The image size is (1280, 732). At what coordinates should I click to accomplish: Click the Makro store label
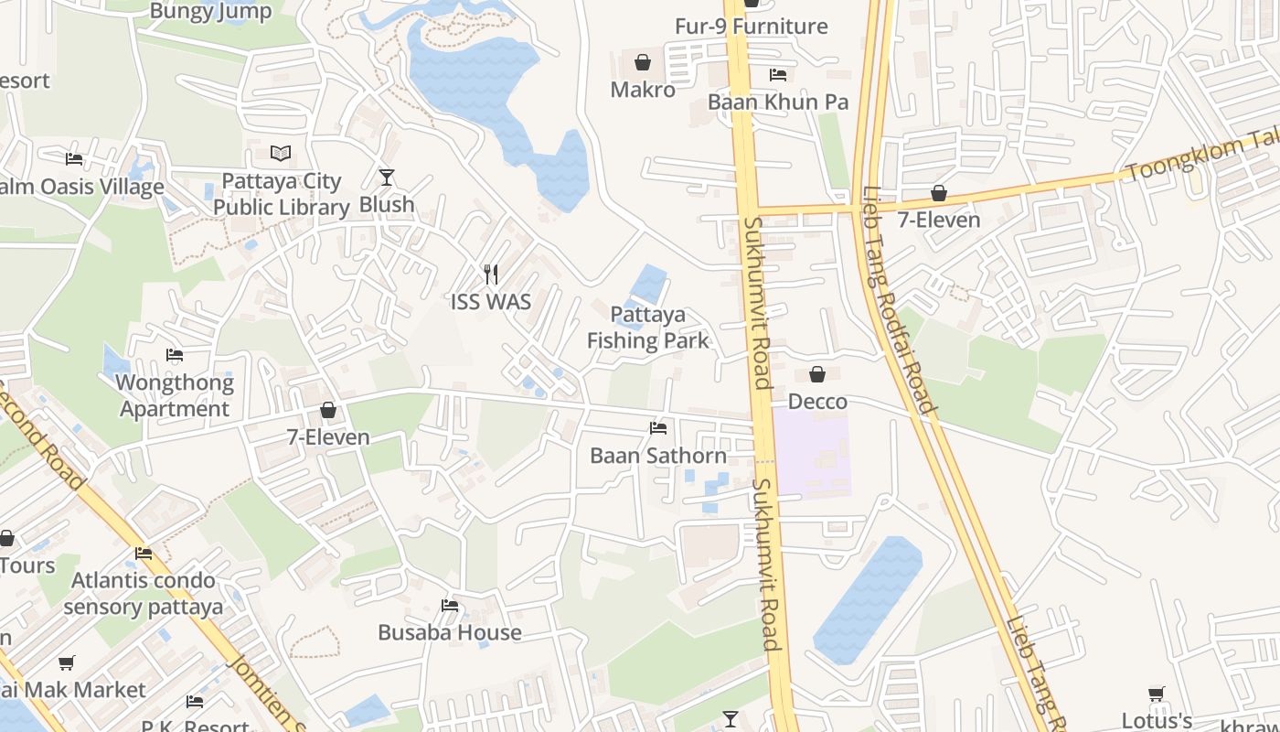coord(643,90)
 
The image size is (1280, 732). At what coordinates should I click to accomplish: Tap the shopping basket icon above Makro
coord(643,62)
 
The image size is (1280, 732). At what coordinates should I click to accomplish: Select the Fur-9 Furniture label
coord(751,27)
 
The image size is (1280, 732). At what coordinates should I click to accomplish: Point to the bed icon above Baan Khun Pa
coord(778,75)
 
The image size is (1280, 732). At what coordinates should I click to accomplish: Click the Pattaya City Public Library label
coord(282,194)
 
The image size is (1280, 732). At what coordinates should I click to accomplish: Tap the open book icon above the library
coord(281,154)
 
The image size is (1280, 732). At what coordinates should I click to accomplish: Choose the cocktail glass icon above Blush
coord(387,178)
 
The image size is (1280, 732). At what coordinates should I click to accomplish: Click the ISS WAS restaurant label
coord(491,301)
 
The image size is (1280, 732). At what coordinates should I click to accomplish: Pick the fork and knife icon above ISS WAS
coord(491,274)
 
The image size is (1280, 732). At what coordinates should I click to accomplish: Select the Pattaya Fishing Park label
coord(648,328)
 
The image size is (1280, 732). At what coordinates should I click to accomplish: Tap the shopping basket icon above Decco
coord(817,374)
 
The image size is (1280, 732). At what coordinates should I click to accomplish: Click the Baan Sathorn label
coord(658,455)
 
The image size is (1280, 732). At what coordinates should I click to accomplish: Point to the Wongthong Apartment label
coord(175,395)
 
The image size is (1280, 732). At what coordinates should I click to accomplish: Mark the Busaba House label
coord(450,632)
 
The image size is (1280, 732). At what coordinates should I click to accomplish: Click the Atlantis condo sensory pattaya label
coord(144,593)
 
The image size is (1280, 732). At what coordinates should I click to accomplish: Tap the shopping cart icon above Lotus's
coord(1157,694)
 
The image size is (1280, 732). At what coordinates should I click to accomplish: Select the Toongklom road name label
coord(1198,156)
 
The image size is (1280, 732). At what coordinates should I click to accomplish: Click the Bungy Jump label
coord(210,11)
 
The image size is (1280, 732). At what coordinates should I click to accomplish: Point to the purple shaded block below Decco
coord(813,455)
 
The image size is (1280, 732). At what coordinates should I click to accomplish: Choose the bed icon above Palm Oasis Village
coord(74,159)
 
